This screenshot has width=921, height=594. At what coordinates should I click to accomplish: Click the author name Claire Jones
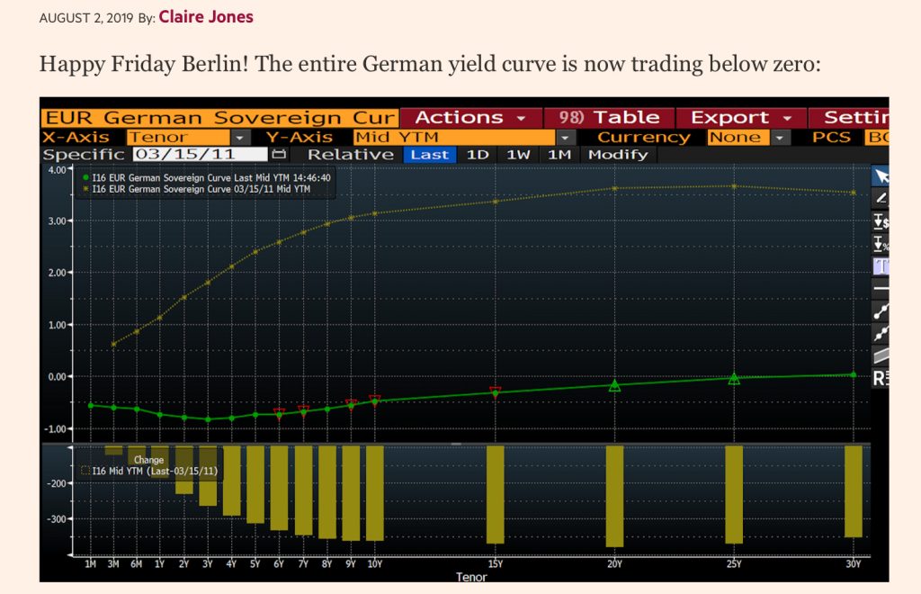[x=206, y=17]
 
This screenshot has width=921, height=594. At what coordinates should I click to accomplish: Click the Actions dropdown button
[x=469, y=118]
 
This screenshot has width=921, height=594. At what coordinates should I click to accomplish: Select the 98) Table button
[x=609, y=118]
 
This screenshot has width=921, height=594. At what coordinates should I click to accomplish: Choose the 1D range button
[x=477, y=155]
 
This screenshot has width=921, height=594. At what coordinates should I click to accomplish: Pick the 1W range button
[x=518, y=155]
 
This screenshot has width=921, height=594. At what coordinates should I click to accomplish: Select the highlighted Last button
[x=429, y=155]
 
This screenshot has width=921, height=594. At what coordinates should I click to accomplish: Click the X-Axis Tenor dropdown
[x=188, y=137]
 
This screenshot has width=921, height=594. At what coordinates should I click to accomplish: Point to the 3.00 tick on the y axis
[x=57, y=221]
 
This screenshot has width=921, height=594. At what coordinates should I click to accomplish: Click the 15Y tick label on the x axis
[x=495, y=564]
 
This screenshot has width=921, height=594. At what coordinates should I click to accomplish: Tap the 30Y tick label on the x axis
[x=853, y=564]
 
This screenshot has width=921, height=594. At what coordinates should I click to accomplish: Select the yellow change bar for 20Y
[x=614, y=495]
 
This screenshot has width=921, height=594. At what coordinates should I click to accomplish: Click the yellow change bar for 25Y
[x=734, y=494]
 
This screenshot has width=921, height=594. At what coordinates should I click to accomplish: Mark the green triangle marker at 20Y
[x=615, y=385]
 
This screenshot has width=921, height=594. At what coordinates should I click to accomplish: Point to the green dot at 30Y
[x=853, y=374]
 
